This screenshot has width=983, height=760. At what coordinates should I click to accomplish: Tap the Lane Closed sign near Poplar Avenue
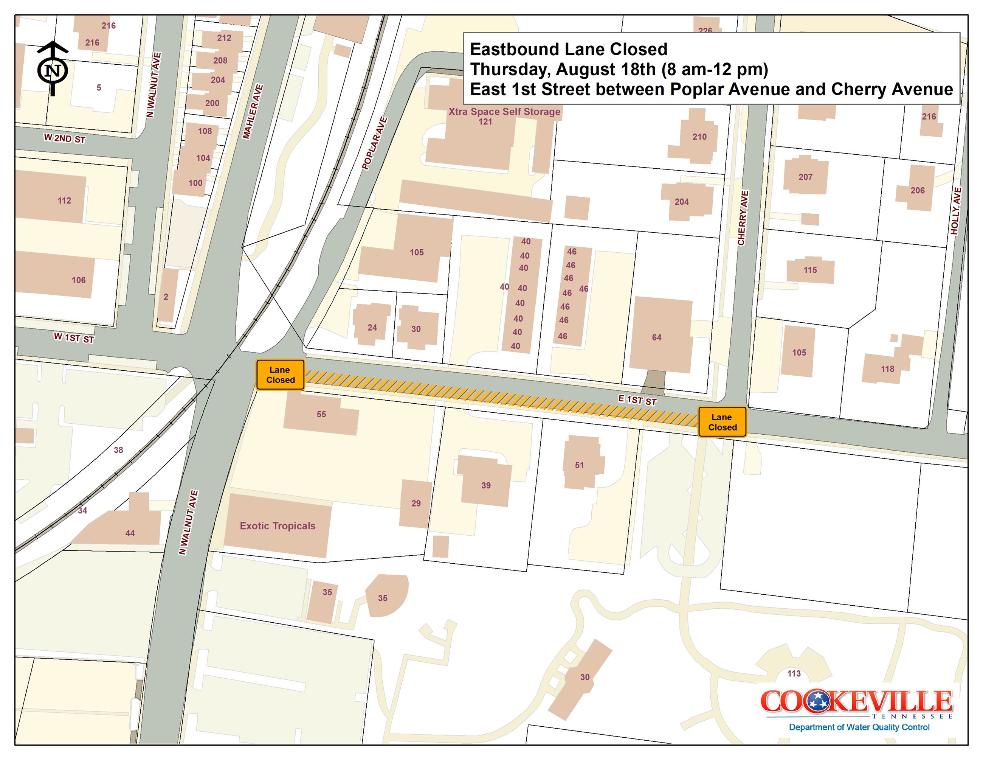(280, 374)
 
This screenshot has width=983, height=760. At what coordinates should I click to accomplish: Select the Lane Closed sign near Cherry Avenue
(722, 422)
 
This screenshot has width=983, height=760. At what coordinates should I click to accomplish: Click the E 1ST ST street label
(637, 400)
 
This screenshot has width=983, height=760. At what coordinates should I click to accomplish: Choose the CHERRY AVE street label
(743, 218)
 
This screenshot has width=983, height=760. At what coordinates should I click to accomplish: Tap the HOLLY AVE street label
(956, 211)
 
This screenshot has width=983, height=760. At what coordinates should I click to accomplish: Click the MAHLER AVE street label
(253, 111)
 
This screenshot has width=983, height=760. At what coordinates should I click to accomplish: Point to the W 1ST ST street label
(74, 338)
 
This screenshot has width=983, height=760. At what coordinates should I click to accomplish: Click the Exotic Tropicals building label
(277, 525)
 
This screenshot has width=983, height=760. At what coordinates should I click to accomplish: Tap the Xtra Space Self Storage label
(504, 112)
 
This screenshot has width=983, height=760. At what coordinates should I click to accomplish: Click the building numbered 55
(321, 414)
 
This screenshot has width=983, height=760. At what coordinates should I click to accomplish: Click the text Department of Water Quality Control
(859, 727)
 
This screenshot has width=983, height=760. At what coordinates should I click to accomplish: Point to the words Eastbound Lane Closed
(569, 49)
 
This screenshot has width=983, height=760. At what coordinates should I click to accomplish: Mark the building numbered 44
(130, 533)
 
